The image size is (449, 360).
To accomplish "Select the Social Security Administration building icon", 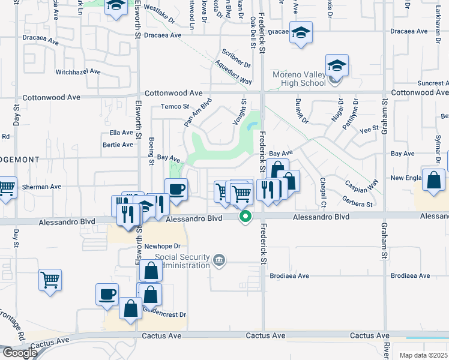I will [220, 260].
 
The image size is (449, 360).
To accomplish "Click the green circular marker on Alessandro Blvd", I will [245, 217].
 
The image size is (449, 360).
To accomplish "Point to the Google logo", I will [20, 353].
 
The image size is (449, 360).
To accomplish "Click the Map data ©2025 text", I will [423, 355].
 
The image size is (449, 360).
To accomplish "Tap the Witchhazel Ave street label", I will [77, 71].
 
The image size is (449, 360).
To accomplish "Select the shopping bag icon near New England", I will [433, 180].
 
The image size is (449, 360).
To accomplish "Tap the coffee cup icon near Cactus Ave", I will [107, 295].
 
